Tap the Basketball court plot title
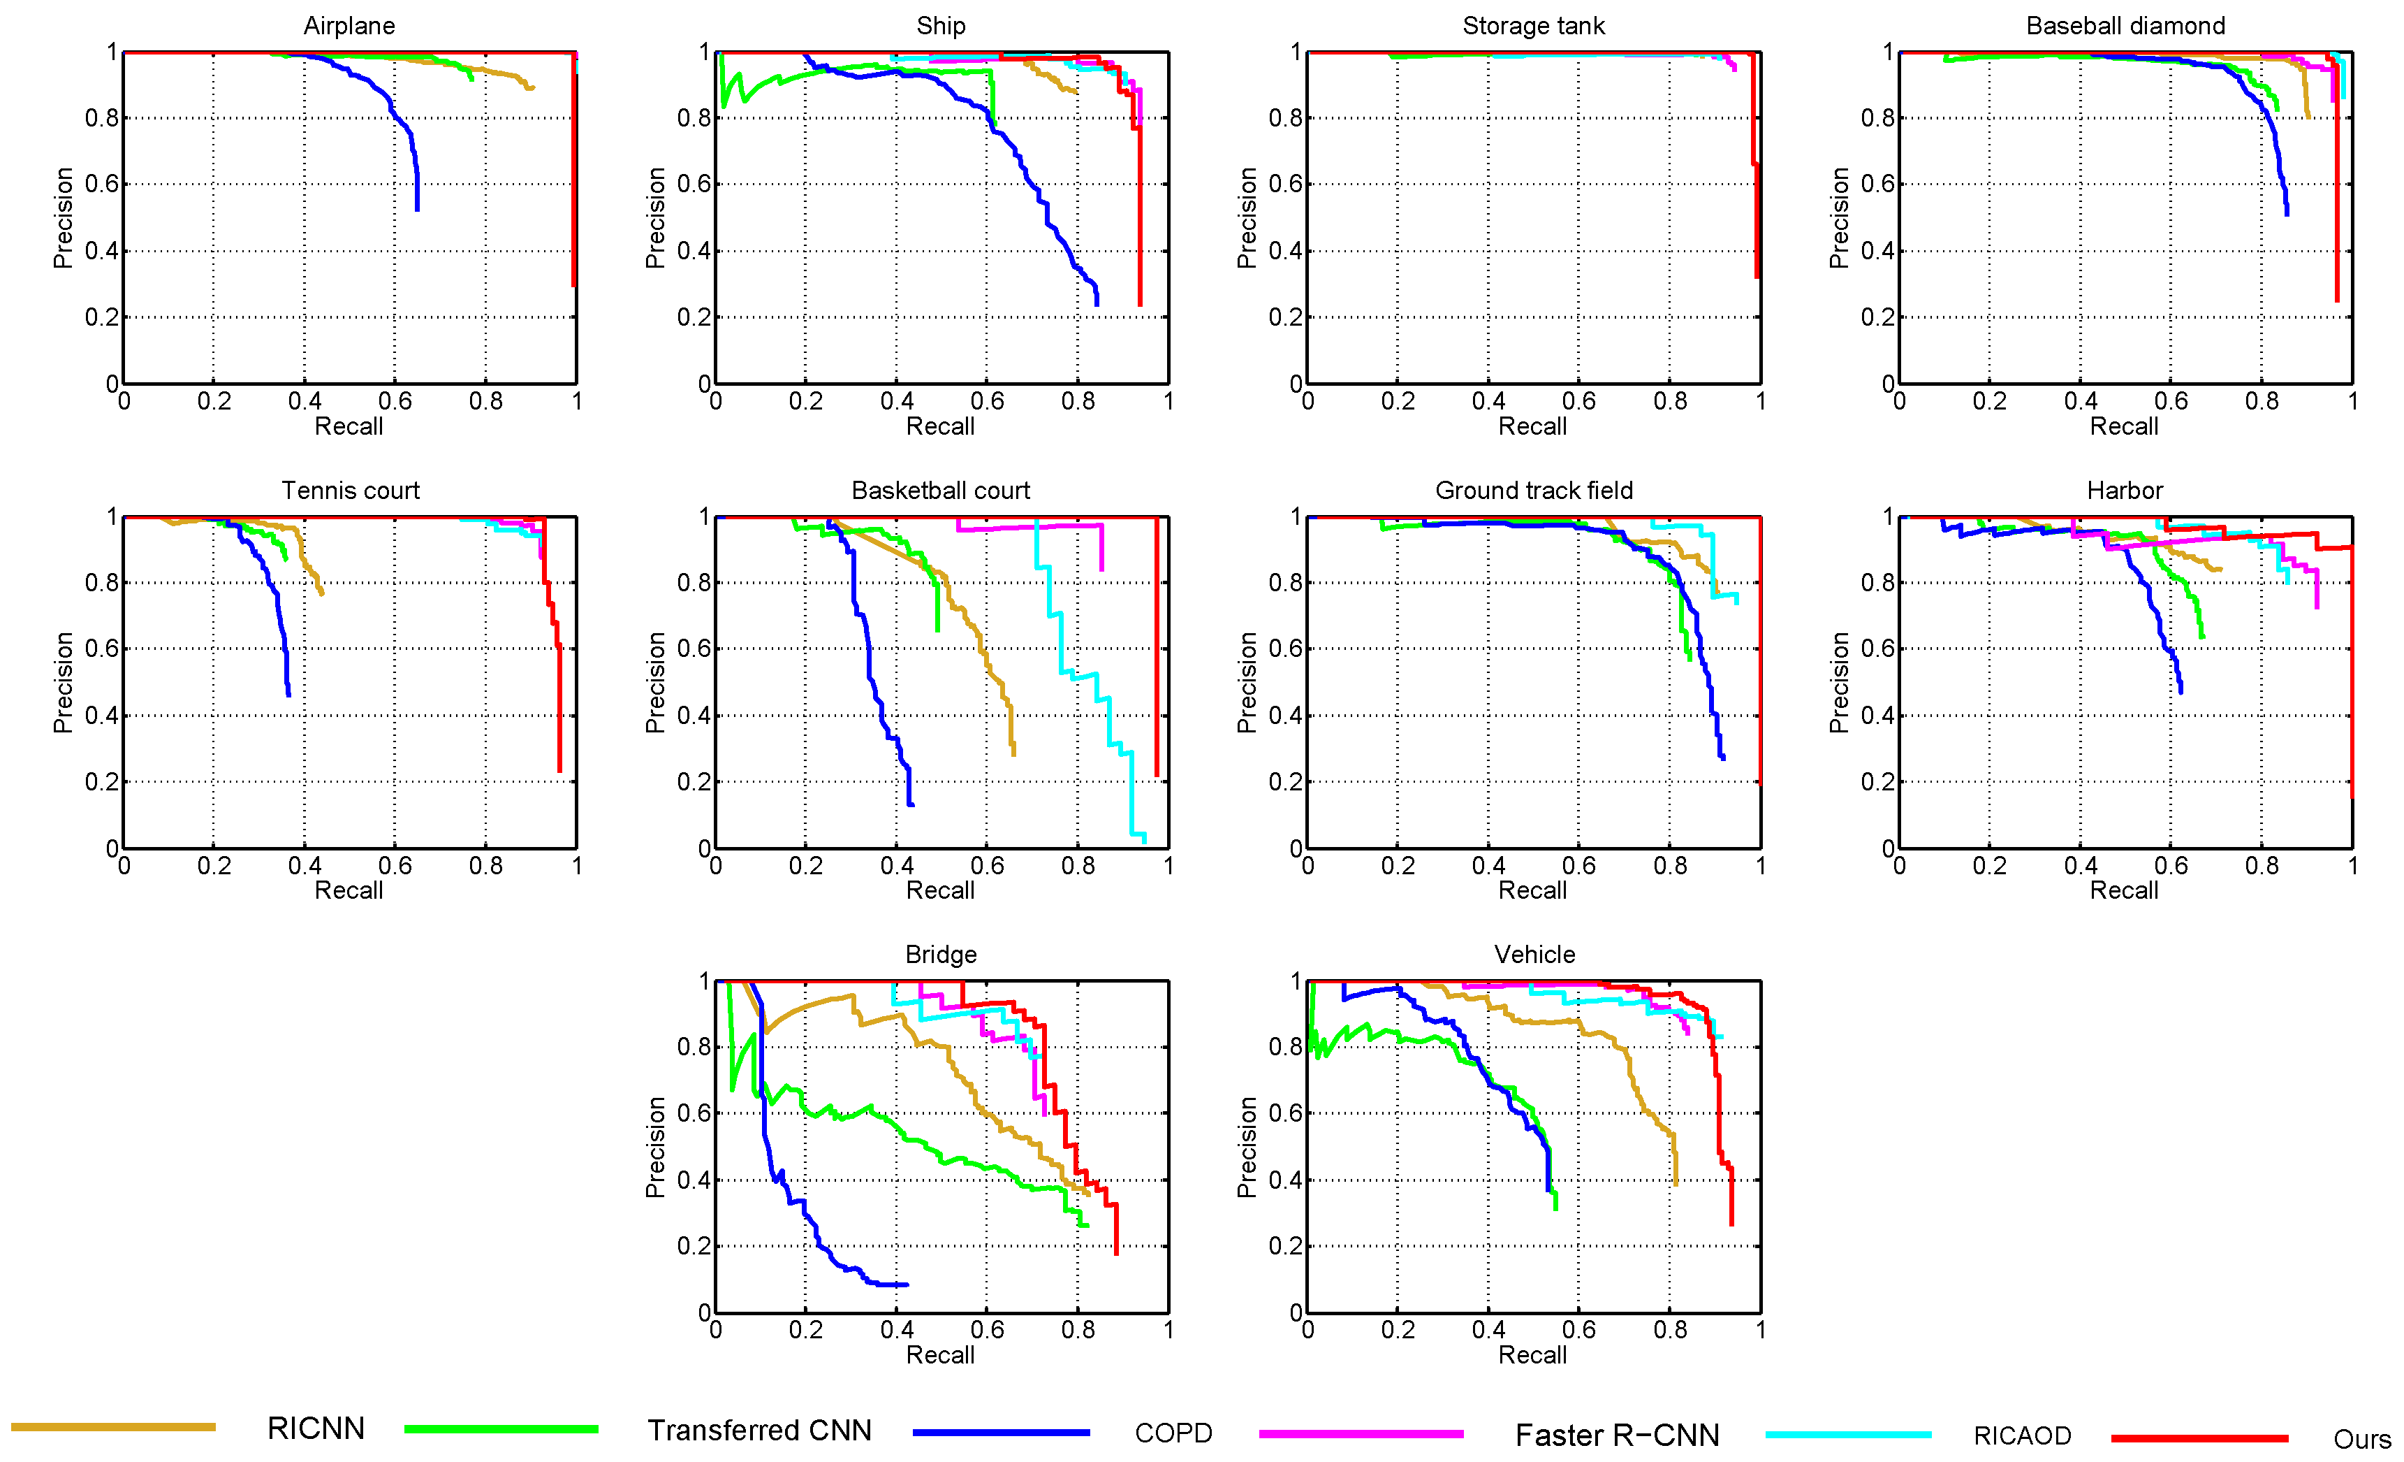click(941, 490)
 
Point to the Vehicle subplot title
click(1534, 955)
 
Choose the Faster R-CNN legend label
click(1617, 1435)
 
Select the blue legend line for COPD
click(1001, 1433)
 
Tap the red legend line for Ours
click(2199, 1438)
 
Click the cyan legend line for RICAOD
click(1848, 1435)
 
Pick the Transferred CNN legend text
click(759, 1430)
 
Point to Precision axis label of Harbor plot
click(1839, 682)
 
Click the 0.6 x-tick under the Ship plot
click(986, 401)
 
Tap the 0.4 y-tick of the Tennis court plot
click(101, 716)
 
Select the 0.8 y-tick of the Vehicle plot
click(1285, 1046)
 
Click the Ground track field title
click(1533, 490)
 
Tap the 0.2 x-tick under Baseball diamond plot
click(1989, 401)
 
